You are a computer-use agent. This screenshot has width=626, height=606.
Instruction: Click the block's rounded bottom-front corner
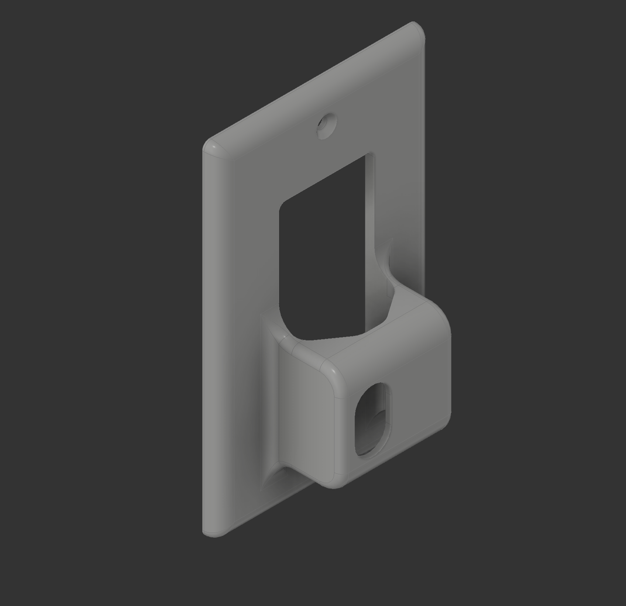pyautogui.click(x=334, y=480)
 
